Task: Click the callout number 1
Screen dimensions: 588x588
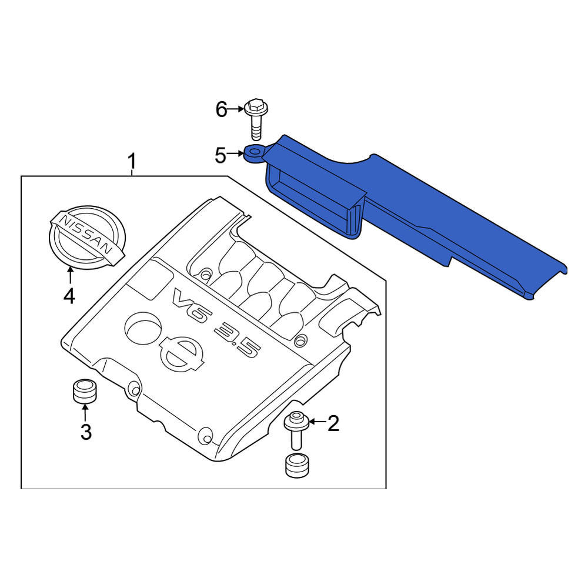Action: point(131,162)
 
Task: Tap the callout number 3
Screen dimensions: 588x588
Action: point(86,432)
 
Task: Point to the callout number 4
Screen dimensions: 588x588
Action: point(69,296)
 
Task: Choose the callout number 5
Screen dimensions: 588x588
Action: point(220,156)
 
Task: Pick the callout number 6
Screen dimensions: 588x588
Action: point(221,109)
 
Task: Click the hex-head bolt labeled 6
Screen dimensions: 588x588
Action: point(256,119)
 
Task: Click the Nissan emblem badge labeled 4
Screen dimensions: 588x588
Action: point(87,238)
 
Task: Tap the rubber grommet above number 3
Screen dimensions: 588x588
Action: point(84,391)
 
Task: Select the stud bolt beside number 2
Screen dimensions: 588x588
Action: point(296,430)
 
